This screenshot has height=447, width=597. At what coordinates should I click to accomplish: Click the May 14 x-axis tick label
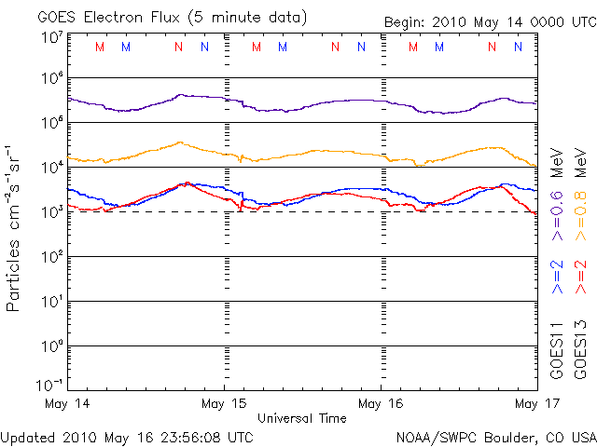click(65, 403)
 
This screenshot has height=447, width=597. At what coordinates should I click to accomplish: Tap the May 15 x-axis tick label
click(224, 403)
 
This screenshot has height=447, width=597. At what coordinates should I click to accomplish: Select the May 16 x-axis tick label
click(382, 403)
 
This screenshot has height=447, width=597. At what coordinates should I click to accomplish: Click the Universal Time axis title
click(302, 418)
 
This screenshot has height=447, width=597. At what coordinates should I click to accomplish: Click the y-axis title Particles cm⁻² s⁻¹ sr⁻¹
click(15, 227)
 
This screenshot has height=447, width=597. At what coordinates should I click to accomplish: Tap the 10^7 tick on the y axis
click(50, 37)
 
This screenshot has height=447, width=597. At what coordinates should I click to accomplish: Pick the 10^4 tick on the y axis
click(50, 168)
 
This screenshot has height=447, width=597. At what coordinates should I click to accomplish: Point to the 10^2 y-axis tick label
click(50, 257)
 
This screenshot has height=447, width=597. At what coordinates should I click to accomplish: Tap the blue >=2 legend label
click(557, 278)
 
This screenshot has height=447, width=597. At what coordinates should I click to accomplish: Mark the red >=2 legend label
click(581, 278)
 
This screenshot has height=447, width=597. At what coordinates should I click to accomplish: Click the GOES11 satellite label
click(557, 349)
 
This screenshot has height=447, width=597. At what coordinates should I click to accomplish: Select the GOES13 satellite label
click(581, 349)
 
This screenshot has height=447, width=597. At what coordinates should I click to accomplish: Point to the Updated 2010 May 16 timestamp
click(127, 436)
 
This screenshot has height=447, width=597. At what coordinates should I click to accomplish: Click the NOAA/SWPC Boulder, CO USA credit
click(495, 436)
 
